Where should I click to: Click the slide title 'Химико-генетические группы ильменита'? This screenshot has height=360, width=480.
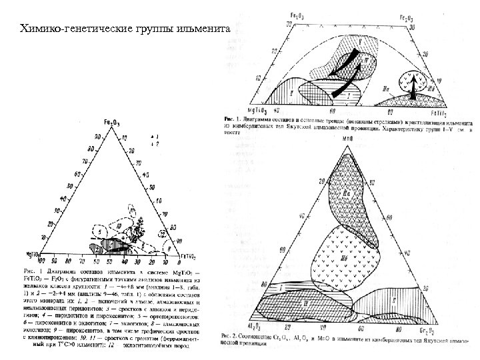click(x=125, y=29)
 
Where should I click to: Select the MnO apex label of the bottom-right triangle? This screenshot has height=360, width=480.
click(x=347, y=138)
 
